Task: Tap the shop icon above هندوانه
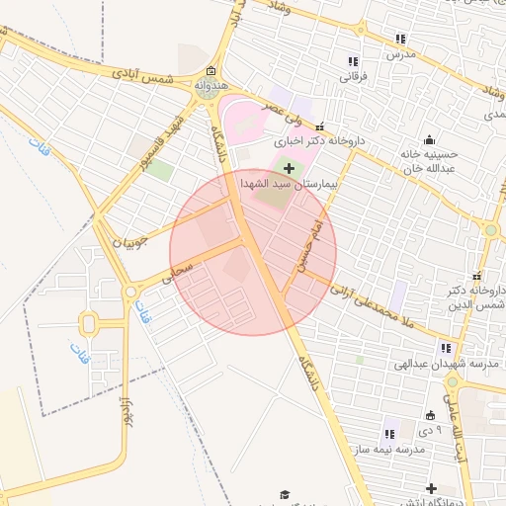[x=211, y=71]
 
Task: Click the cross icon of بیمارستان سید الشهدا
[x=288, y=170]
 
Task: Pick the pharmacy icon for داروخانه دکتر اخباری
[x=318, y=126]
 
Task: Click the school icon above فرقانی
[x=353, y=61]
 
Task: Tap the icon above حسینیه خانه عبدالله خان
[x=429, y=139]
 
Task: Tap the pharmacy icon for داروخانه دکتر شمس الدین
[x=477, y=276]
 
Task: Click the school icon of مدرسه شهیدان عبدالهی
[x=446, y=348]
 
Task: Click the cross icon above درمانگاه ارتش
[x=431, y=488]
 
